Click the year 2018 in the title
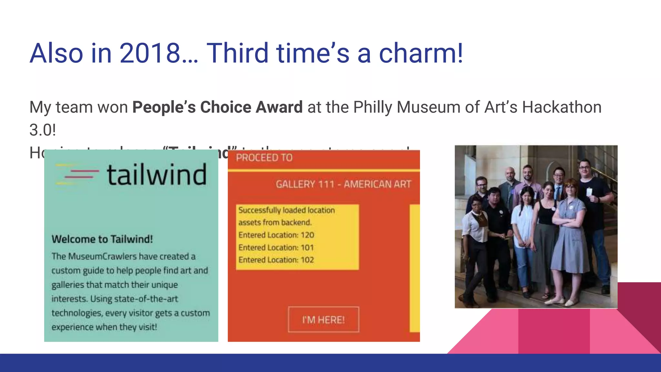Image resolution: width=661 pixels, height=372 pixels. pyautogui.click(x=150, y=53)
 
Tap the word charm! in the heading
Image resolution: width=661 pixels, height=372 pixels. pyautogui.click(x=421, y=53)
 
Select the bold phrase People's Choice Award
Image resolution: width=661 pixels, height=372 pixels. pyautogui.click(x=217, y=107)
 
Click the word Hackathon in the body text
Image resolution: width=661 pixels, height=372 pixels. pyautogui.click(x=562, y=107)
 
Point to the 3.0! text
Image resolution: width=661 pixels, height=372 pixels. pyautogui.click(x=43, y=130)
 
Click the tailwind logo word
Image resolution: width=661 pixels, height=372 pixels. pyautogui.click(x=157, y=175)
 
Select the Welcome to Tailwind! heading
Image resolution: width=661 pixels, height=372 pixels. pyautogui.click(x=102, y=239)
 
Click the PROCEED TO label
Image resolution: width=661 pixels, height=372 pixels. pyautogui.click(x=264, y=158)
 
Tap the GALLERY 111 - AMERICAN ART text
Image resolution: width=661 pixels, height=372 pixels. pyautogui.click(x=343, y=184)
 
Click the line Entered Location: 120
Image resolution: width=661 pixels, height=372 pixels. pyautogui.click(x=276, y=235)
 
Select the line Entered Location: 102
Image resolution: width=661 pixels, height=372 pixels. pyautogui.click(x=276, y=260)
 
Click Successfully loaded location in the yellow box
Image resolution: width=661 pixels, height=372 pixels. pyautogui.click(x=286, y=210)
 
